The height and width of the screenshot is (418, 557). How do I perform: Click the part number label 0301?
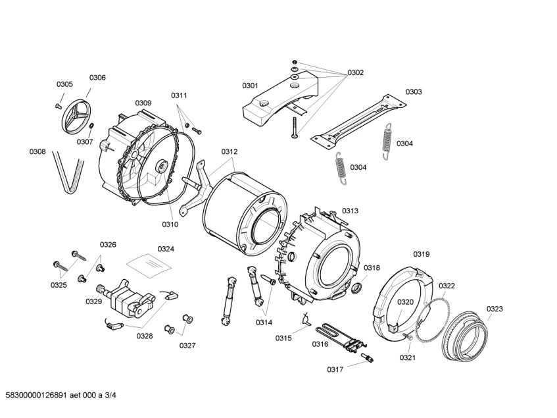pyautogui.click(x=250, y=86)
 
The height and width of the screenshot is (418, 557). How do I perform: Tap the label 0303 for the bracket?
pyautogui.click(x=413, y=92)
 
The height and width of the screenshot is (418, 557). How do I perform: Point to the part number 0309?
pyautogui.click(x=143, y=103)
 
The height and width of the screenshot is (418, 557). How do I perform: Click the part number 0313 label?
pyautogui.click(x=350, y=211)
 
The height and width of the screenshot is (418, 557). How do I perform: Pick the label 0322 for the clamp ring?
pyautogui.click(x=447, y=286)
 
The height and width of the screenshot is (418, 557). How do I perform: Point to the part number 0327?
pyautogui.click(x=187, y=345)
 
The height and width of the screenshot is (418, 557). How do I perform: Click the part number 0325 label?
pyautogui.click(x=59, y=285)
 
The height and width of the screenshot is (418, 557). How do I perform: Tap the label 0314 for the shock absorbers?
pyautogui.click(x=264, y=322)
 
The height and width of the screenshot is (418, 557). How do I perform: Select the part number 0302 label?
pyautogui.click(x=355, y=72)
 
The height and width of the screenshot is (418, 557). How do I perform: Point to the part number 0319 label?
pyautogui.click(x=422, y=254)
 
